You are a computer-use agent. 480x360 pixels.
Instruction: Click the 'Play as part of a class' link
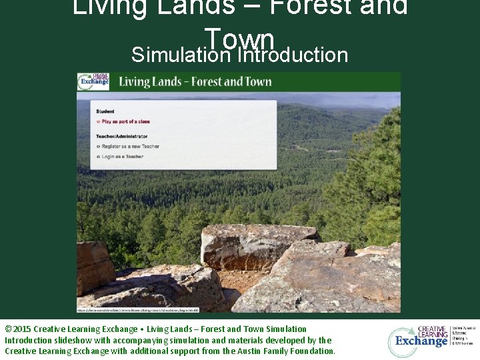point(125,122)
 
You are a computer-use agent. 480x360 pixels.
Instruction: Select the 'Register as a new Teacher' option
point(131,146)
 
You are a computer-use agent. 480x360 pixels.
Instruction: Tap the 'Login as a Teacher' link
point(122,157)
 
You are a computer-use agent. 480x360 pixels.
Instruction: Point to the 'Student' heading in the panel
point(105,111)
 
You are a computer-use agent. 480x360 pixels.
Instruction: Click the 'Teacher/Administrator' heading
point(121,136)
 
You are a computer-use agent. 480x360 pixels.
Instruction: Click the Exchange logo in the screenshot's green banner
point(93,82)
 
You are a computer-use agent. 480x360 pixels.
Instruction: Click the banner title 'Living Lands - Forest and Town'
point(195,82)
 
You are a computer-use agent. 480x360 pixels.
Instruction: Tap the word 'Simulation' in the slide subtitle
point(181,55)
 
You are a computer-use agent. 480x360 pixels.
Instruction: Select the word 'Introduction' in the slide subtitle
point(293,55)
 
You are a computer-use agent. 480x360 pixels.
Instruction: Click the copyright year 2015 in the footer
point(21,329)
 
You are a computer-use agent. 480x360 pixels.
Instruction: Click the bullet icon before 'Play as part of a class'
point(98,122)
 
